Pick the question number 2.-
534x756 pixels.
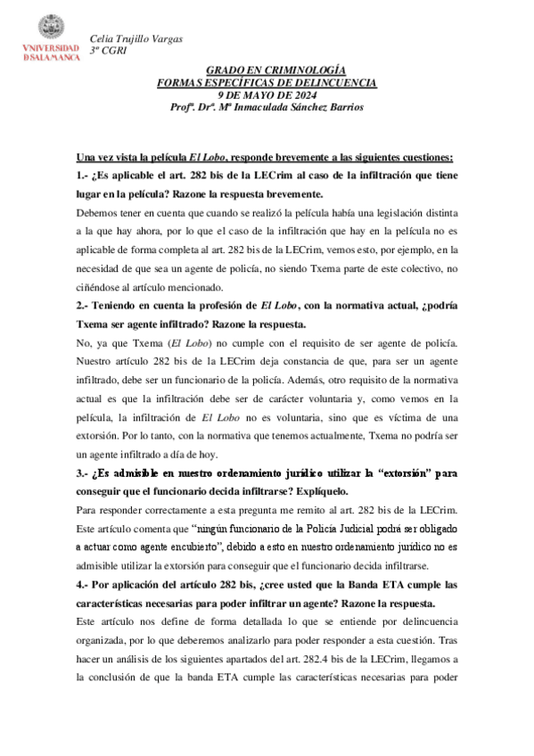[86, 306]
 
